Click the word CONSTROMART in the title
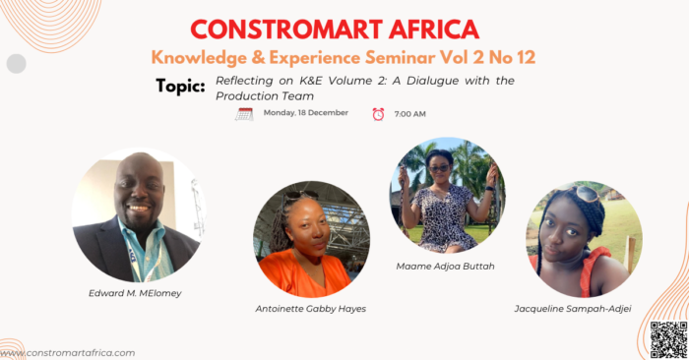pos(286,30)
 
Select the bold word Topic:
pos(180,86)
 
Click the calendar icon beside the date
pos(244,114)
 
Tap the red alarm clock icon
pos(378,114)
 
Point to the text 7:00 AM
pos(410,114)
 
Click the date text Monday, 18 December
pos(306,113)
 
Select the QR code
pos(668,339)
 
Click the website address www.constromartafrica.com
pos(68,353)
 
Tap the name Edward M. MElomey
pos(135,293)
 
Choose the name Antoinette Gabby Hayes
pos(311,309)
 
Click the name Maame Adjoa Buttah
pos(445,266)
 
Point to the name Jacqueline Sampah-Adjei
pos(573,309)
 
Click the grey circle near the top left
pos(17,64)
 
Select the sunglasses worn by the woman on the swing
pos(439,168)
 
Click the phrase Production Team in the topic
pos(265,96)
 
